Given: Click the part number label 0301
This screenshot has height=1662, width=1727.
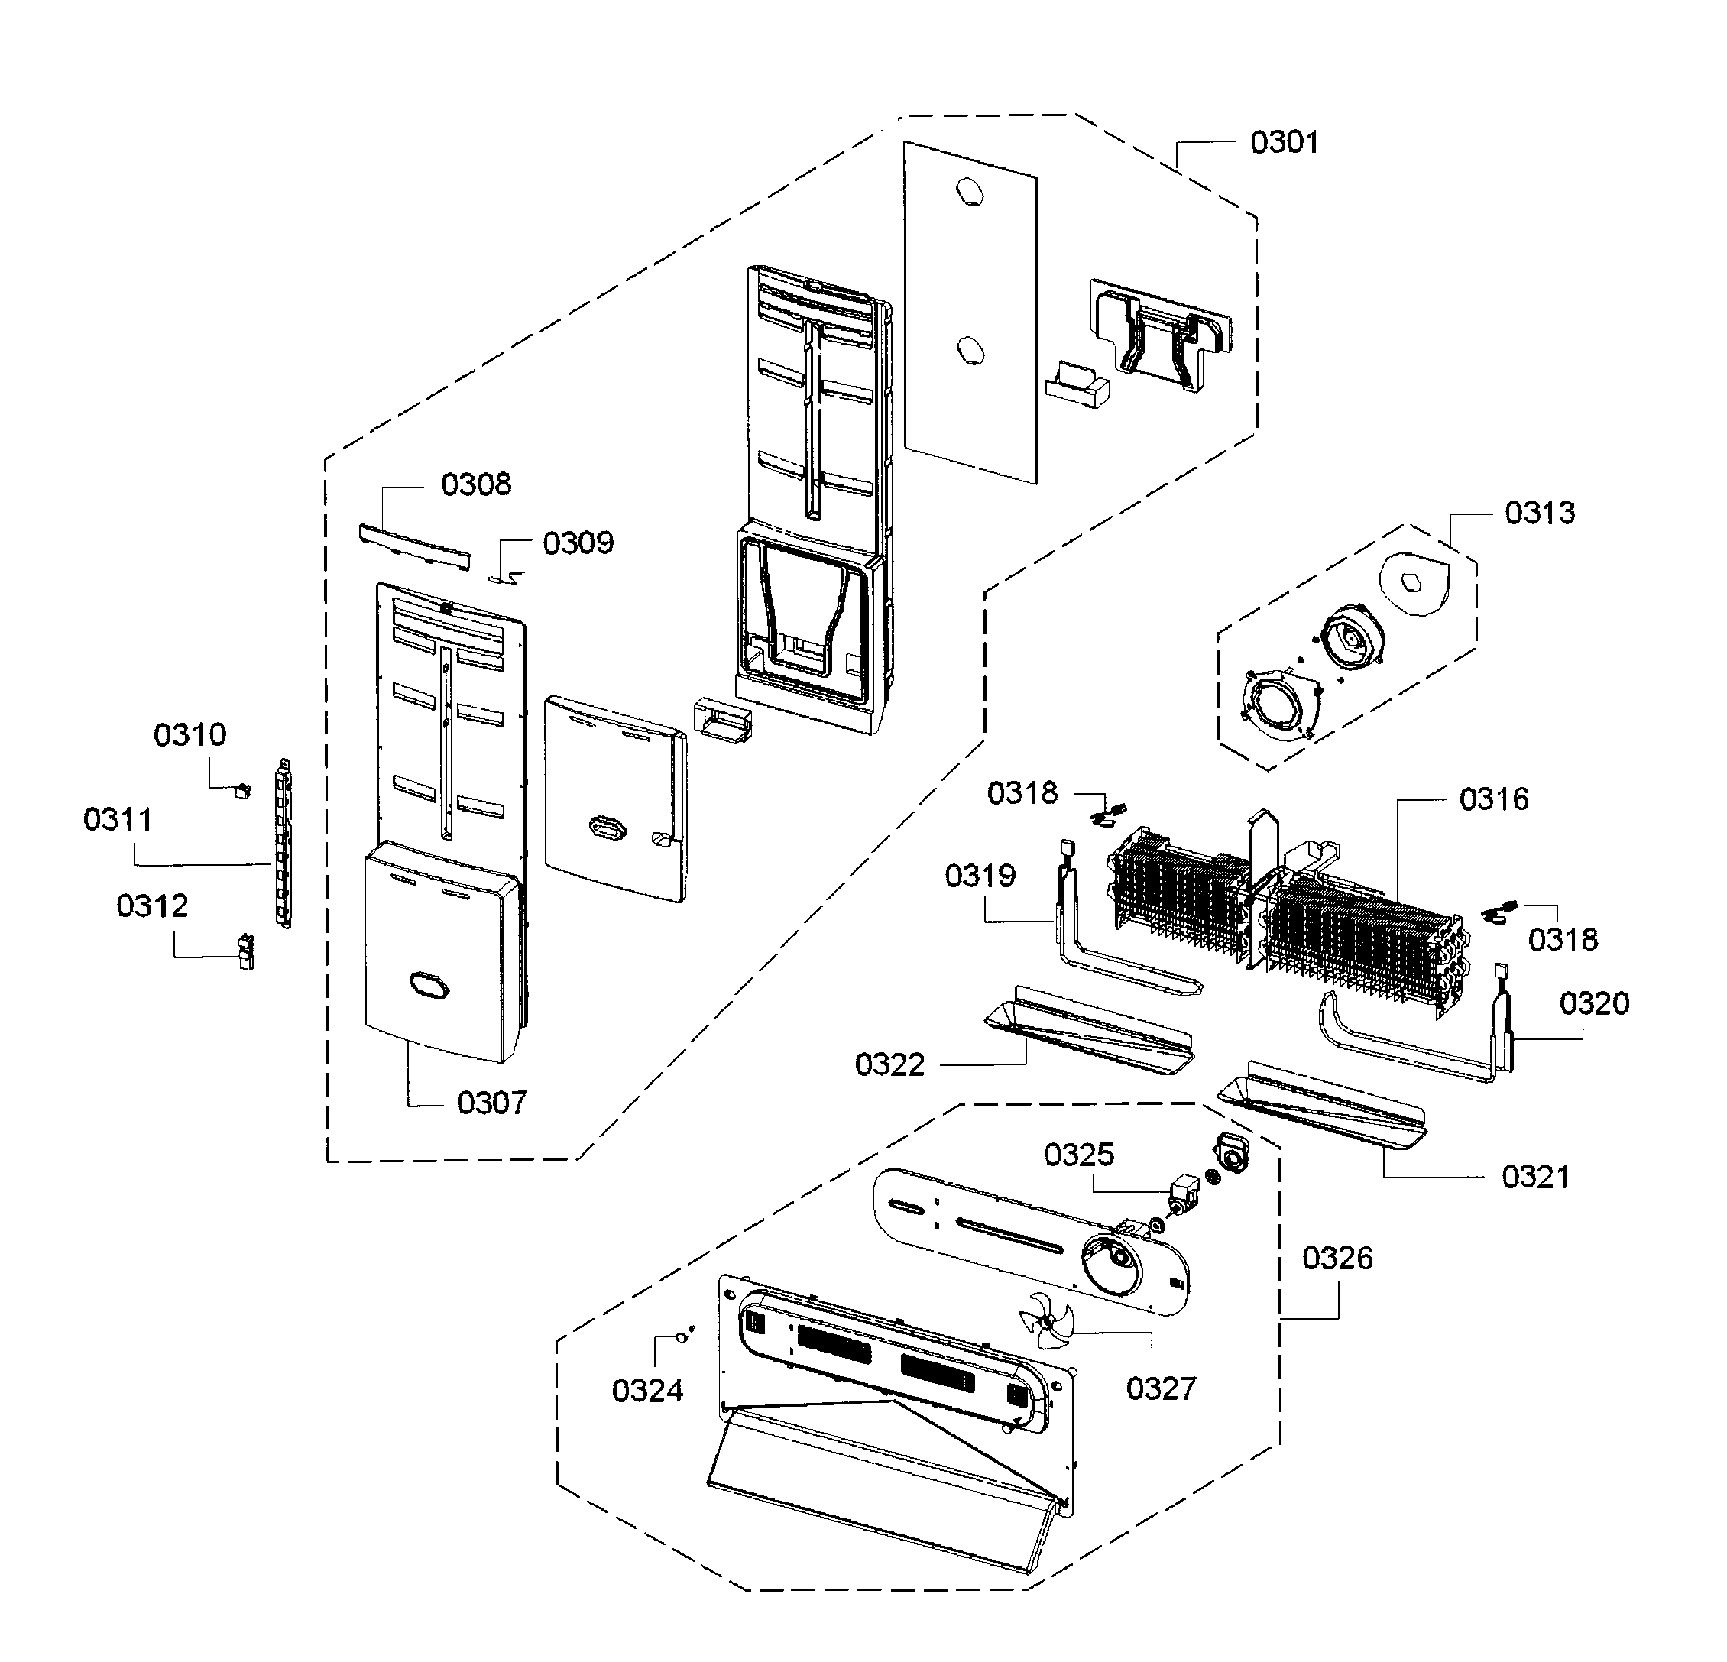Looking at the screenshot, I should (1284, 143).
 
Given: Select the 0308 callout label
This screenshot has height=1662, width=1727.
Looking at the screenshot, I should (476, 484).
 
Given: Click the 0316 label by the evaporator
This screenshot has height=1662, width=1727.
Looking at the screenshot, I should (1495, 799).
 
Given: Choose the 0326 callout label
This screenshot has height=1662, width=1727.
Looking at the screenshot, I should (1337, 1258).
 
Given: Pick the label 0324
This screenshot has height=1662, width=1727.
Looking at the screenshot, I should (648, 1391).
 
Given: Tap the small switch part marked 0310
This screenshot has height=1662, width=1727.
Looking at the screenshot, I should (240, 790).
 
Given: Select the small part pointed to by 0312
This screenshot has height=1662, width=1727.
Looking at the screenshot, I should (246, 951).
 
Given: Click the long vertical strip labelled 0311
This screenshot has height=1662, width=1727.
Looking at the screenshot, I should (284, 844).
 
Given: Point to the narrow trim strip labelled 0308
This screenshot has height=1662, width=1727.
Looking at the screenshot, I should (413, 547).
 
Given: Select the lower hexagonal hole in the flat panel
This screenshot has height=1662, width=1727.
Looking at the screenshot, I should (969, 351).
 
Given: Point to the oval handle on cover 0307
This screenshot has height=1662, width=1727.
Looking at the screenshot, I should (429, 986).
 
